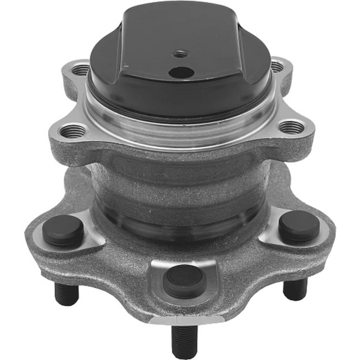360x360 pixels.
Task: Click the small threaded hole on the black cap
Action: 179,53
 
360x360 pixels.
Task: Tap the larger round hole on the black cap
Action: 181,72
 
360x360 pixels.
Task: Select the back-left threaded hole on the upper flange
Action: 81,70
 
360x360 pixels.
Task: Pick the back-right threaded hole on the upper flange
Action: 277,65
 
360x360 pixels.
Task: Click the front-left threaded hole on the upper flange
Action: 73,130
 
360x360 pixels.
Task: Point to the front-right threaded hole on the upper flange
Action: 292,127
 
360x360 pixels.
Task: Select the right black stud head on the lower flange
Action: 299,226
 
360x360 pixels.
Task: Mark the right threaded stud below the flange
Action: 295,289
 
